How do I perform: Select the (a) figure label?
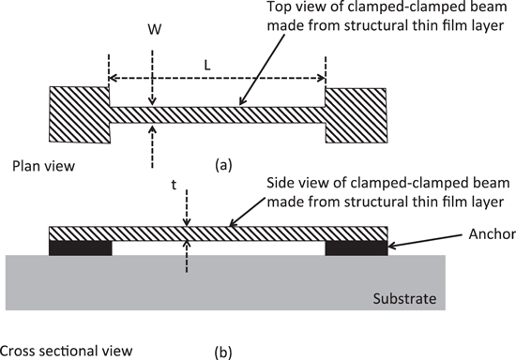coord(223,165)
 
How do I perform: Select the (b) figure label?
coord(223,352)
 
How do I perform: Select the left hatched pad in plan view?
coord(80,114)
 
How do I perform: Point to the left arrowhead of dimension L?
coord(112,78)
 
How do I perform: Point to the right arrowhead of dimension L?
coord(323,78)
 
